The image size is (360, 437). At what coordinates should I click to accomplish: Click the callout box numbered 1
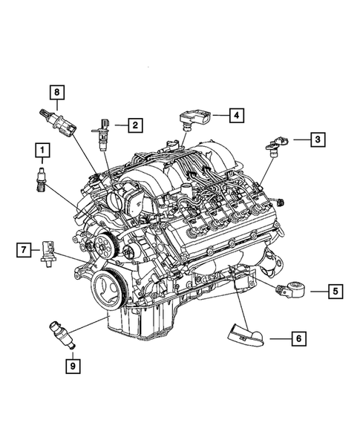42,153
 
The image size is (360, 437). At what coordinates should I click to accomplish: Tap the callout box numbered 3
317,138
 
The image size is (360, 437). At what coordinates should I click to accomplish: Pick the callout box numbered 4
235,115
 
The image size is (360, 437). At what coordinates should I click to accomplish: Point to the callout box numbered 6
297,339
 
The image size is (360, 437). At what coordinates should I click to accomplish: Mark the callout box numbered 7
24,249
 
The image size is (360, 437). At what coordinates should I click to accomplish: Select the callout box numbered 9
73,364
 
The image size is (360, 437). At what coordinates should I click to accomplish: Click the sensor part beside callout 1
41,180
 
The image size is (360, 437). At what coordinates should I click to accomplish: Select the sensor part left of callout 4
194,118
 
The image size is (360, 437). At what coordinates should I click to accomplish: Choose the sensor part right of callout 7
48,252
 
